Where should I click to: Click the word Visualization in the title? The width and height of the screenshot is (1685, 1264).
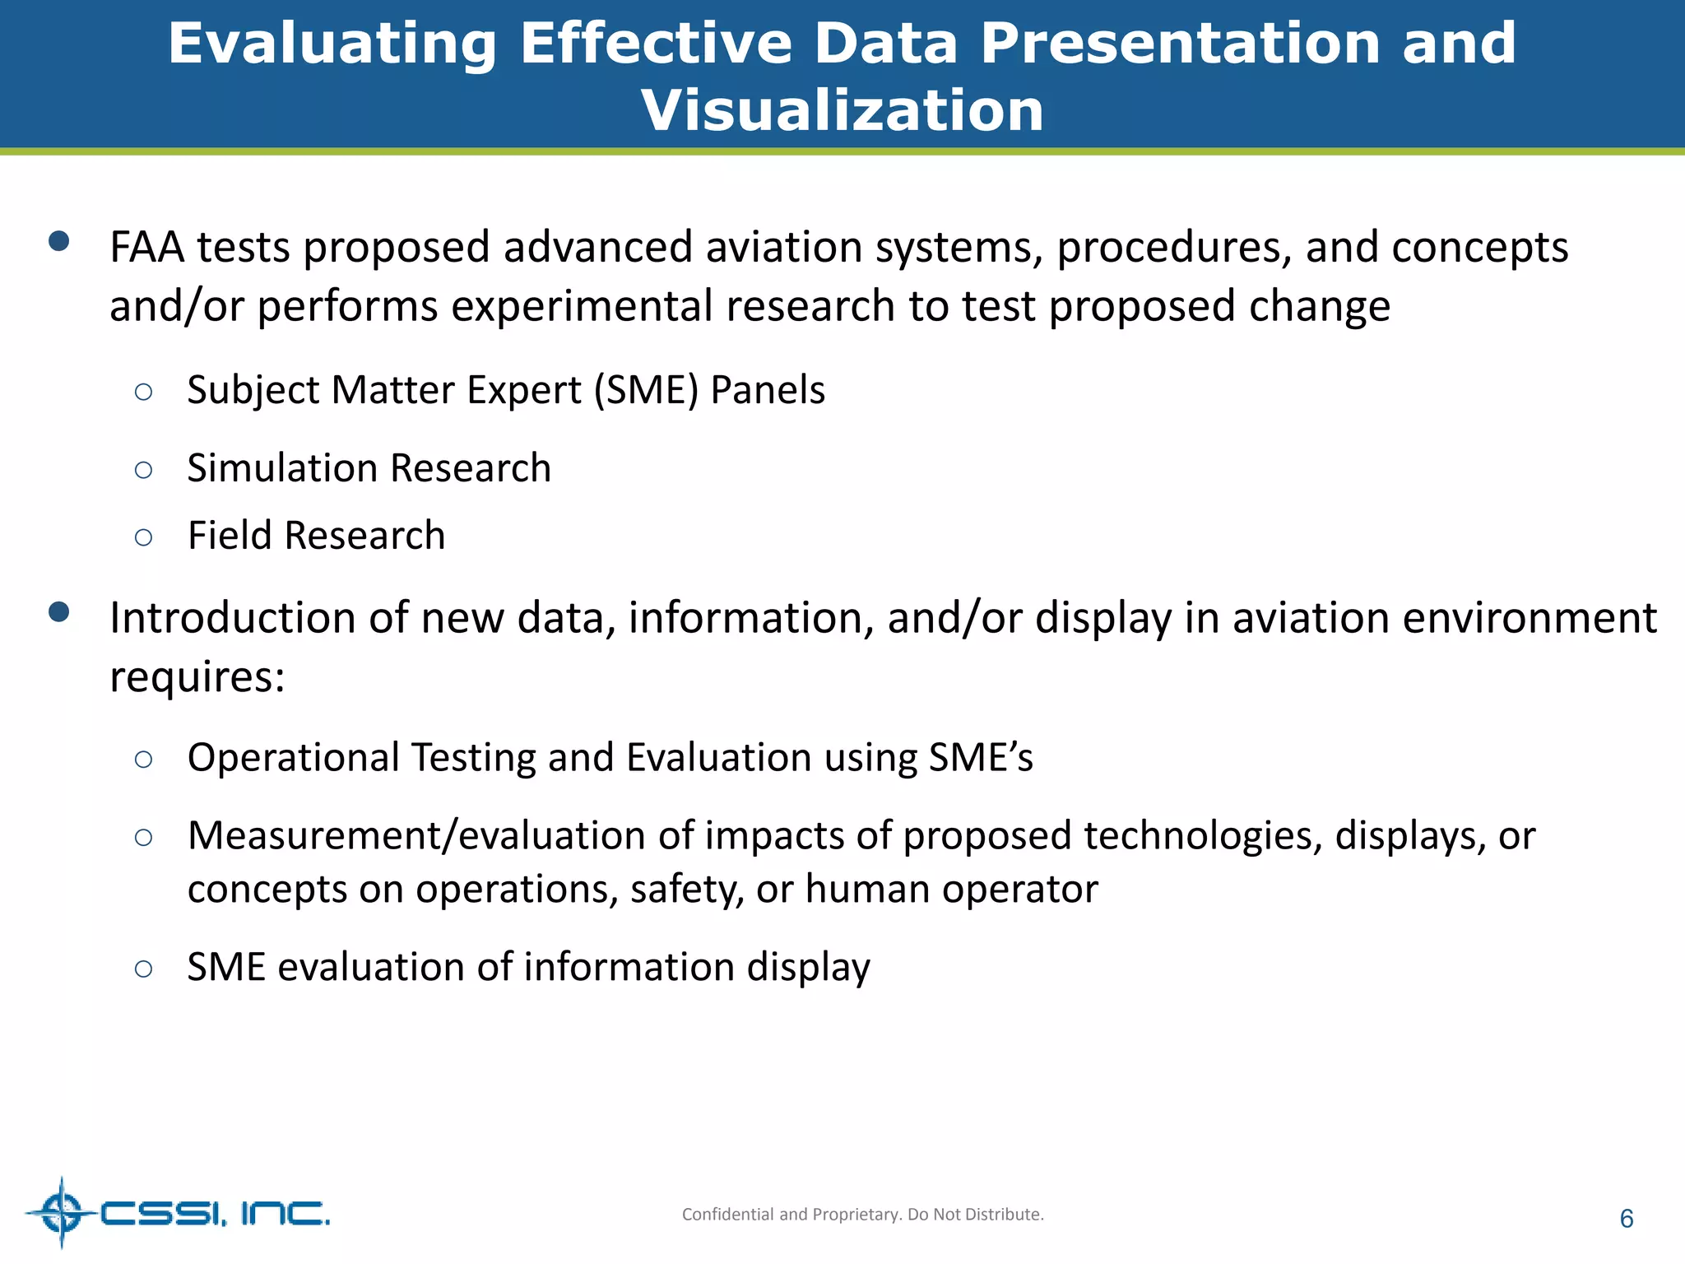842,110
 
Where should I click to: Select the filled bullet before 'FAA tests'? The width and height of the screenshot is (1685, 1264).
58,241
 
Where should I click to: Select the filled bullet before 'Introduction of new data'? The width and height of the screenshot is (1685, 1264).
58,612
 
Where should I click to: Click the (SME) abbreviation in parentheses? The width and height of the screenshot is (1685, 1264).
646,390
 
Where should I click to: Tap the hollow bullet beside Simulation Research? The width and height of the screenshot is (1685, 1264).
143,470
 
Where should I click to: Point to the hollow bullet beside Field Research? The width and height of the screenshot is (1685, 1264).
143,538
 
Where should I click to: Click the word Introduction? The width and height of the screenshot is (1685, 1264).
258,618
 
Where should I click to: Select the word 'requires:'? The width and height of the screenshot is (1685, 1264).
197,678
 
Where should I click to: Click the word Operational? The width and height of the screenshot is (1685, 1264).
292,758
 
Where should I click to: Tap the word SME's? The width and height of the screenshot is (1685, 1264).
980,758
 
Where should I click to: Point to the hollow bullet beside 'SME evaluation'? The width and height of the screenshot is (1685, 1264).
143,969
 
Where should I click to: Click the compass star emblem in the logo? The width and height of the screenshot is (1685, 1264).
61,1212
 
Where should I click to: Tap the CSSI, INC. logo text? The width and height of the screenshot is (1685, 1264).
215,1214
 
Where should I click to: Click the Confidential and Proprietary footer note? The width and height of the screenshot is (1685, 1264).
862,1215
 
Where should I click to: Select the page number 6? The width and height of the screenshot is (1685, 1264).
1626,1219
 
